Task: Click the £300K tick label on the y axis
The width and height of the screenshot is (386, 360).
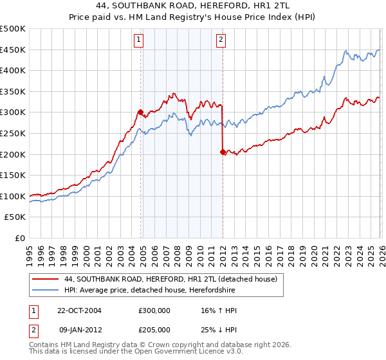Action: [13, 113]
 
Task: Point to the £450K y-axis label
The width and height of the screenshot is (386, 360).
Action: [13, 50]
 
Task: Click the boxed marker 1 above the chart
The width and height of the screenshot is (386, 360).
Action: [139, 40]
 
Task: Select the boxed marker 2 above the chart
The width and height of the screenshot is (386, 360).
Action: [221, 40]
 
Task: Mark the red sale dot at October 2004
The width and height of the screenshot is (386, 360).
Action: [140, 112]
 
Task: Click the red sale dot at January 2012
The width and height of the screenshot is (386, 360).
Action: [223, 152]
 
